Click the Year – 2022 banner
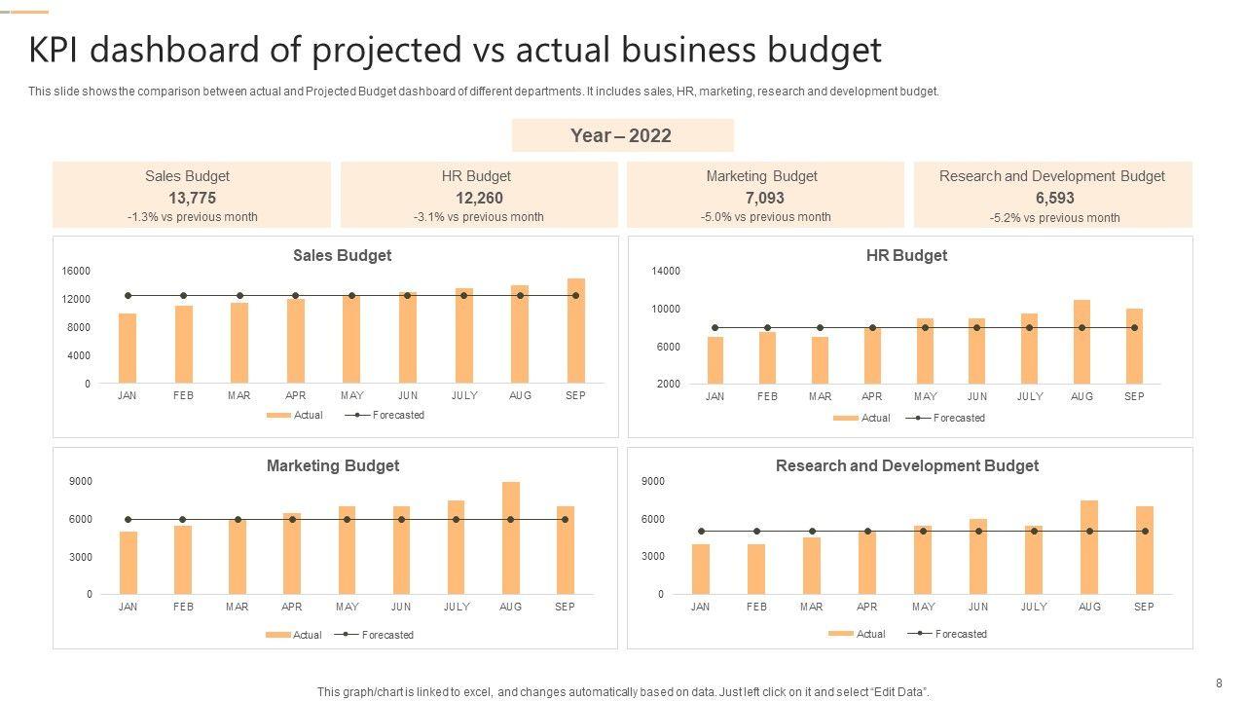point(622,135)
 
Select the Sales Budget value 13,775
point(187,198)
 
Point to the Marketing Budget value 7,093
point(764,198)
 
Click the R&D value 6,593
point(1054,198)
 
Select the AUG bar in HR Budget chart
point(1081,342)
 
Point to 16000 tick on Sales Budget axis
point(77,271)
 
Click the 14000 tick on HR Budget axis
point(666,271)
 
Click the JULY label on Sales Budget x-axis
point(464,395)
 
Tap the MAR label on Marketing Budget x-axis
point(238,607)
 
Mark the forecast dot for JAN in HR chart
point(715,328)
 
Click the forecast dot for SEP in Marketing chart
point(565,520)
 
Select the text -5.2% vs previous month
point(1054,218)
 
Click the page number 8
point(1219,683)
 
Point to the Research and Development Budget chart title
point(906,465)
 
